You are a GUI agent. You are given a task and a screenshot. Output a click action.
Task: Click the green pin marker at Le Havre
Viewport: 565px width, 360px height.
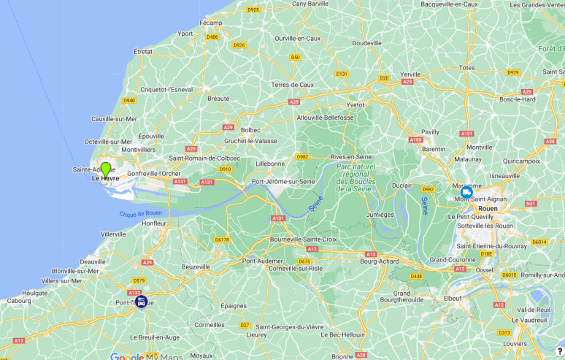[106, 170]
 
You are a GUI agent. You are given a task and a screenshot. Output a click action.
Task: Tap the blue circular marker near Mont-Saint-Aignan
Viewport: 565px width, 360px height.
[466, 192]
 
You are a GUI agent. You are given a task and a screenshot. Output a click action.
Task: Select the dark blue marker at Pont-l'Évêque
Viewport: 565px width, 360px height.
[141, 301]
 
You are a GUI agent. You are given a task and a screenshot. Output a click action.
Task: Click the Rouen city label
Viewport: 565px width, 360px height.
[488, 208]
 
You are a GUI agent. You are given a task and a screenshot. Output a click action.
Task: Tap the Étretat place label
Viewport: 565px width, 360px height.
[143, 52]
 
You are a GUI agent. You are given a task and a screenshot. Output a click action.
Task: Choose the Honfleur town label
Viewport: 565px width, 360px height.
[154, 223]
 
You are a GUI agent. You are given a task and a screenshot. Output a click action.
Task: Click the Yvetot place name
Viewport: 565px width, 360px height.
[355, 104]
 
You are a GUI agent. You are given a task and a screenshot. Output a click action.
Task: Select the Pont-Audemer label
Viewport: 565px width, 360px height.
[262, 261]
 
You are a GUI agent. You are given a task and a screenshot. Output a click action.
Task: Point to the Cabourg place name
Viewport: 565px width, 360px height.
[19, 300]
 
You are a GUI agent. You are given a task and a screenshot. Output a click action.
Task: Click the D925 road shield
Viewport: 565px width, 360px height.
[253, 9]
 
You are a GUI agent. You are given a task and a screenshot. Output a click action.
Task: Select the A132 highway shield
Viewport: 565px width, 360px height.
[134, 292]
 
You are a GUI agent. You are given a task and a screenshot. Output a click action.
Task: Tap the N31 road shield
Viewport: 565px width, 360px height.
[531, 204]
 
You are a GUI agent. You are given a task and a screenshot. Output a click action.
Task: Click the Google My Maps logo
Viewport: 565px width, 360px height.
[146, 356]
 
